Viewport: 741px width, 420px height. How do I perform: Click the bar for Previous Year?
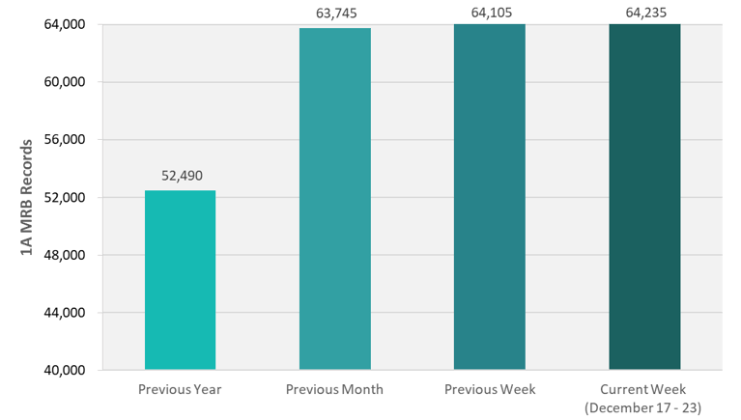click(x=181, y=280)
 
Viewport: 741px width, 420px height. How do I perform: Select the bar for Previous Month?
click(x=335, y=198)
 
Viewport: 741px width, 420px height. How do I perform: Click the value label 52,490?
click(x=181, y=176)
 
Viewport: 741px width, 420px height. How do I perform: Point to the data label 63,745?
click(x=335, y=13)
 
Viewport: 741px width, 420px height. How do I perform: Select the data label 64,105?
click(x=490, y=13)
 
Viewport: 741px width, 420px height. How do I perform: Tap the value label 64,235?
click(x=644, y=13)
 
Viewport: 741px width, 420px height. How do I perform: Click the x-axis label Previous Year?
click(x=181, y=390)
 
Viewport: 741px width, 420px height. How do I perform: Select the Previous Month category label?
click(x=335, y=390)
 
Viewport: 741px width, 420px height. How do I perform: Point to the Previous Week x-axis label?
click(x=490, y=390)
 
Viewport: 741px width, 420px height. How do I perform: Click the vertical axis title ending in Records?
click(x=27, y=197)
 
